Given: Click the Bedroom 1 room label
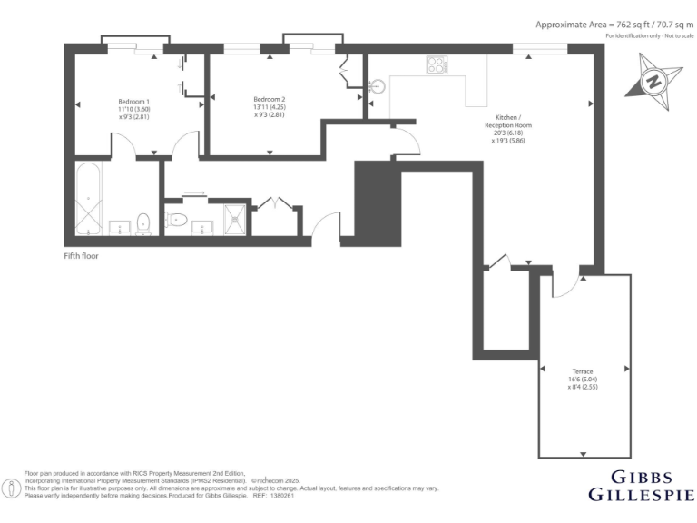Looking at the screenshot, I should click(x=133, y=101).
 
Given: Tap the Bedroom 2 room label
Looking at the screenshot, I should click(x=270, y=99).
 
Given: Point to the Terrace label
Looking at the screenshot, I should click(x=582, y=371).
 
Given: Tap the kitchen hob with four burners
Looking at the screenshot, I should click(x=437, y=65).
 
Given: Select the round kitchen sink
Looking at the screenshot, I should click(x=378, y=87).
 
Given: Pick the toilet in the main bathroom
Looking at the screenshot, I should click(x=143, y=222).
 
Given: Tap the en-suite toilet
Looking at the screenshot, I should click(x=177, y=219).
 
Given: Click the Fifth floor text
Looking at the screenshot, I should click(x=81, y=256).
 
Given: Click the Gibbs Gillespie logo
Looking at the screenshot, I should click(x=642, y=486).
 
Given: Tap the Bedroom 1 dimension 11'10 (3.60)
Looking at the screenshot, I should click(x=133, y=109).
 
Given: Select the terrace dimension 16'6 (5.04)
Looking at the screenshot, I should click(x=582, y=380).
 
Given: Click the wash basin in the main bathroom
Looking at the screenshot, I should click(x=118, y=226).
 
